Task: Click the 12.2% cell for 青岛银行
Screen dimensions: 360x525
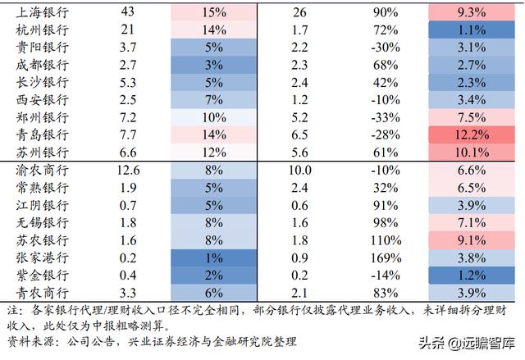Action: tap(471, 134)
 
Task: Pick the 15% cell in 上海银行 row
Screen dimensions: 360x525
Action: tap(212, 13)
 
